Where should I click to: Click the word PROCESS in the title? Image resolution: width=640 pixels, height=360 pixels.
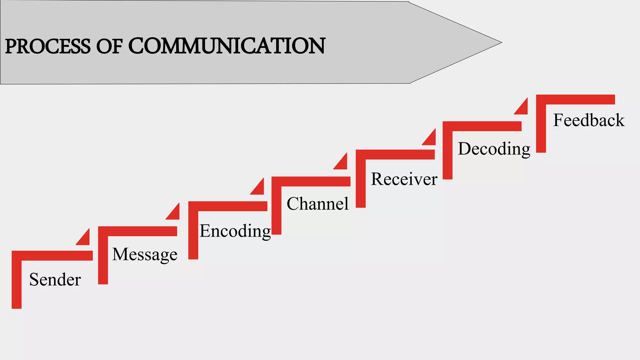tap(47, 46)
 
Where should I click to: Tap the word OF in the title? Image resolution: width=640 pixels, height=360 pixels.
tap(109, 46)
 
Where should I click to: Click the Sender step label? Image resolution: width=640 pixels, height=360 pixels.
tap(55, 279)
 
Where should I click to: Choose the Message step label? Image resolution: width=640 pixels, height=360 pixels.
tap(145, 254)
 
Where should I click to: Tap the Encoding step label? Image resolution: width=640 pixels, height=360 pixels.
tap(235, 231)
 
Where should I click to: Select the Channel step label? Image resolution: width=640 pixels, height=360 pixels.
tap(317, 204)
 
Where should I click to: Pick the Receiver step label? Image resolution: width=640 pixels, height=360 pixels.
tap(404, 179)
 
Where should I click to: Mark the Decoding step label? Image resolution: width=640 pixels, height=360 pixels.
tap(494, 149)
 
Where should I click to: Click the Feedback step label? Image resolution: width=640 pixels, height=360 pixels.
tap(589, 120)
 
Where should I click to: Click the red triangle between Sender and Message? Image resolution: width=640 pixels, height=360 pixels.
tap(85, 239)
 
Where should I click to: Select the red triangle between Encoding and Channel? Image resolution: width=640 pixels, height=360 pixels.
tap(259, 188)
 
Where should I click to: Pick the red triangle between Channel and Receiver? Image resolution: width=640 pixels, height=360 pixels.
tap(342, 163)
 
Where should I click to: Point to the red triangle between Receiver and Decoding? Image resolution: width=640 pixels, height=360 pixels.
tap(431, 139)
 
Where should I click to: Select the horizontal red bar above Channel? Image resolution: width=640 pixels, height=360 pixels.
tap(311, 181)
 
